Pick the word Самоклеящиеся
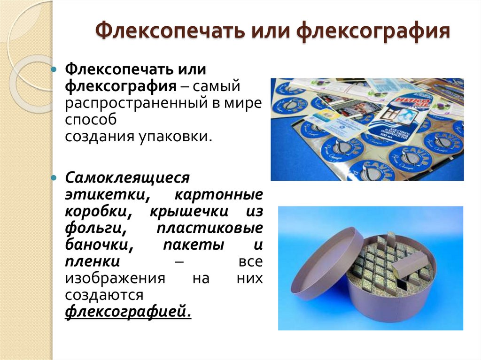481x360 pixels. [x=127, y=178]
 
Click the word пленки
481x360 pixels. [x=93, y=261]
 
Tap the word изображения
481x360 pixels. [x=115, y=278]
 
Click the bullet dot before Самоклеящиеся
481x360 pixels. [x=54, y=178]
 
